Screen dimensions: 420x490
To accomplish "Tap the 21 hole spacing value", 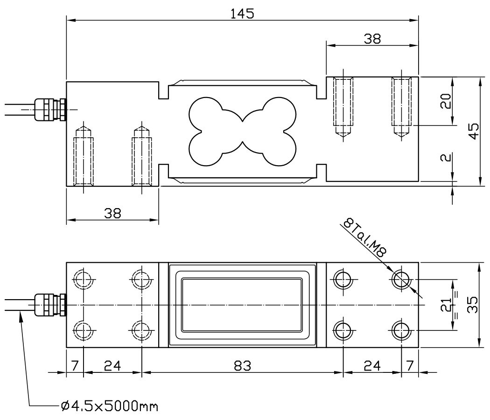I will (446, 305).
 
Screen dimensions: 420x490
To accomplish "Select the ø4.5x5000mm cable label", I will (109, 406).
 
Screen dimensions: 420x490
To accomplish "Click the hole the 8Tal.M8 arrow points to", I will (401, 280).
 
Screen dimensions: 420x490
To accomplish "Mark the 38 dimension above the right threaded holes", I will (372, 39).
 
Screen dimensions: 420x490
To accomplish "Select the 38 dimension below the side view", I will (112, 213).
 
